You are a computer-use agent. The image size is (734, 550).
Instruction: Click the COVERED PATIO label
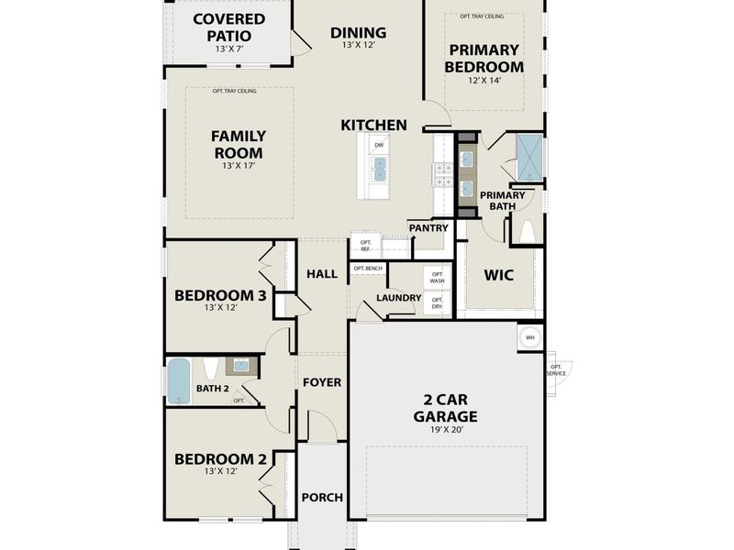tap(228, 27)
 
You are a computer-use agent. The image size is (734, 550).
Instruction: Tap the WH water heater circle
tap(529, 336)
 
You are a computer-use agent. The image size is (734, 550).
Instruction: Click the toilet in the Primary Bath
tap(528, 233)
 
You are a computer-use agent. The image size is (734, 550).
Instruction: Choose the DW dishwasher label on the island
tap(379, 145)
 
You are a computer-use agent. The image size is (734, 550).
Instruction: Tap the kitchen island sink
tap(379, 167)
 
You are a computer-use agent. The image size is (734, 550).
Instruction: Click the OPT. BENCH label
tap(368, 269)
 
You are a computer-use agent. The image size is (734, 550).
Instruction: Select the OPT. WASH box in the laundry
tap(437, 277)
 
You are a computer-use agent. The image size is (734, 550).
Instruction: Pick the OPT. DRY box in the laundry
tap(437, 302)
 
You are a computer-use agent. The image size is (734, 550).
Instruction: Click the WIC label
tap(498, 275)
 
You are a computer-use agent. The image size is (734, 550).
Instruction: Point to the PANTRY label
tap(428, 227)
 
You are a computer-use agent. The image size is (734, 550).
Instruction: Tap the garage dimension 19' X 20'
tap(450, 431)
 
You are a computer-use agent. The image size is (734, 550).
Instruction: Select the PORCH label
tap(322, 497)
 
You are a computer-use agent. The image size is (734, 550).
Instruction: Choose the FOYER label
tap(322, 381)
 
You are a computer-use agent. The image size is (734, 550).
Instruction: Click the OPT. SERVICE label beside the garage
tap(556, 370)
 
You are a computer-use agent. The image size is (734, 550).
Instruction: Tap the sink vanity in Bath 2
tap(240, 366)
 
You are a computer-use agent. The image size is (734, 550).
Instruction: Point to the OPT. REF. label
tap(364, 246)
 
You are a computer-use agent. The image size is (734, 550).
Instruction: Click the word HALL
tap(322, 273)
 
